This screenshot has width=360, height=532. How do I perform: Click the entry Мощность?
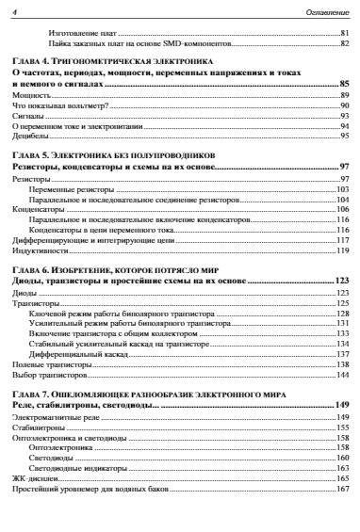coord(27,95)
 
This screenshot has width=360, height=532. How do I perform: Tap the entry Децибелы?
coord(28,136)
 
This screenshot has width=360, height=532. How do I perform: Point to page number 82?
coord(345,43)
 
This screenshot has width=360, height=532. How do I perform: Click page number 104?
coord(343,199)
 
